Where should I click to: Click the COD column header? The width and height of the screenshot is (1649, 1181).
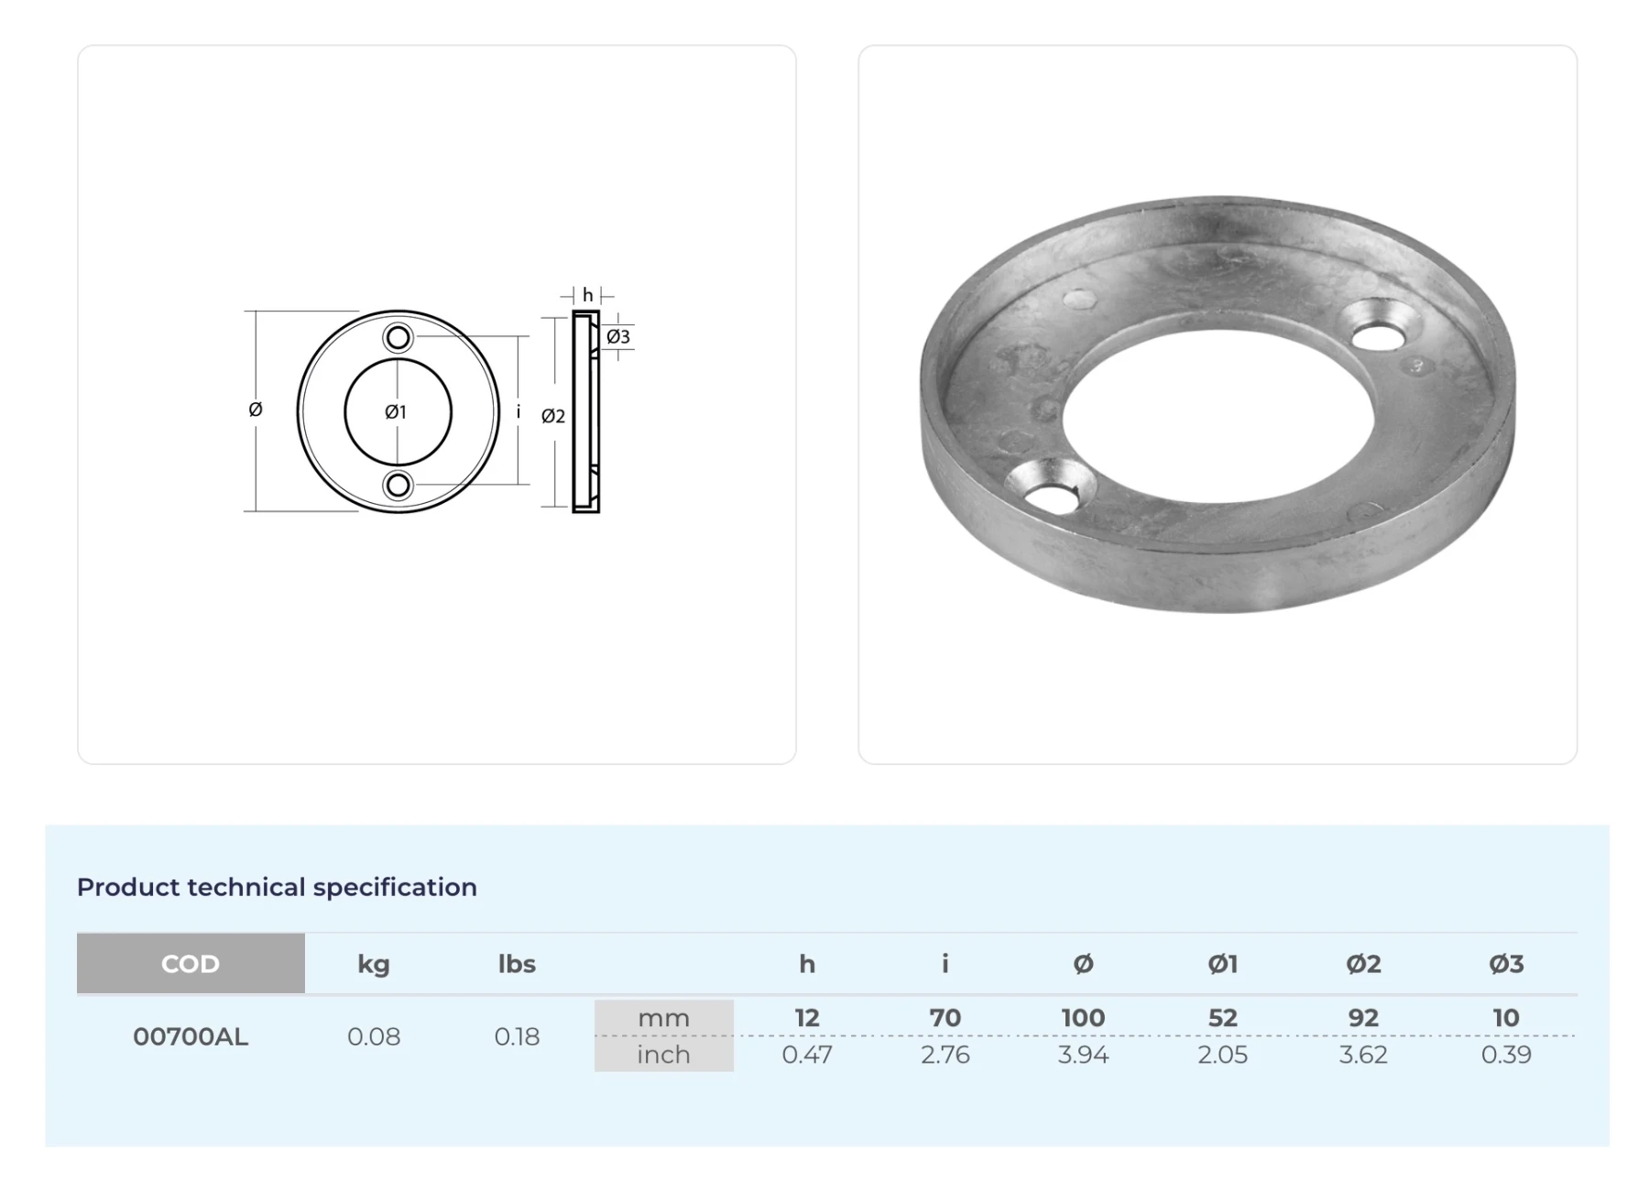point(191,963)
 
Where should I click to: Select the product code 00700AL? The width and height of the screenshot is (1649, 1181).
point(191,1036)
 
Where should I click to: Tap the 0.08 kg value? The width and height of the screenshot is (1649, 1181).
point(374,1036)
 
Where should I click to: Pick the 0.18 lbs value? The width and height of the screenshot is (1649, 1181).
point(517,1036)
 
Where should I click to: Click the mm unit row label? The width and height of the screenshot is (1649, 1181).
point(664,1018)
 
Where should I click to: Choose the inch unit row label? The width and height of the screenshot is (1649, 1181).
point(664,1055)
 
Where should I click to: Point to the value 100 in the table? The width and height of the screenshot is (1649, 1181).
point(1083,1018)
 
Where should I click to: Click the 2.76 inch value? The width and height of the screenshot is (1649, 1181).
point(945,1055)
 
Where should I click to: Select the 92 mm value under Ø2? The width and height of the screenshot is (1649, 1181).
point(1363,1018)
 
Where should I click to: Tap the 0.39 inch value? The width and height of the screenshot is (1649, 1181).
point(1506,1055)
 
